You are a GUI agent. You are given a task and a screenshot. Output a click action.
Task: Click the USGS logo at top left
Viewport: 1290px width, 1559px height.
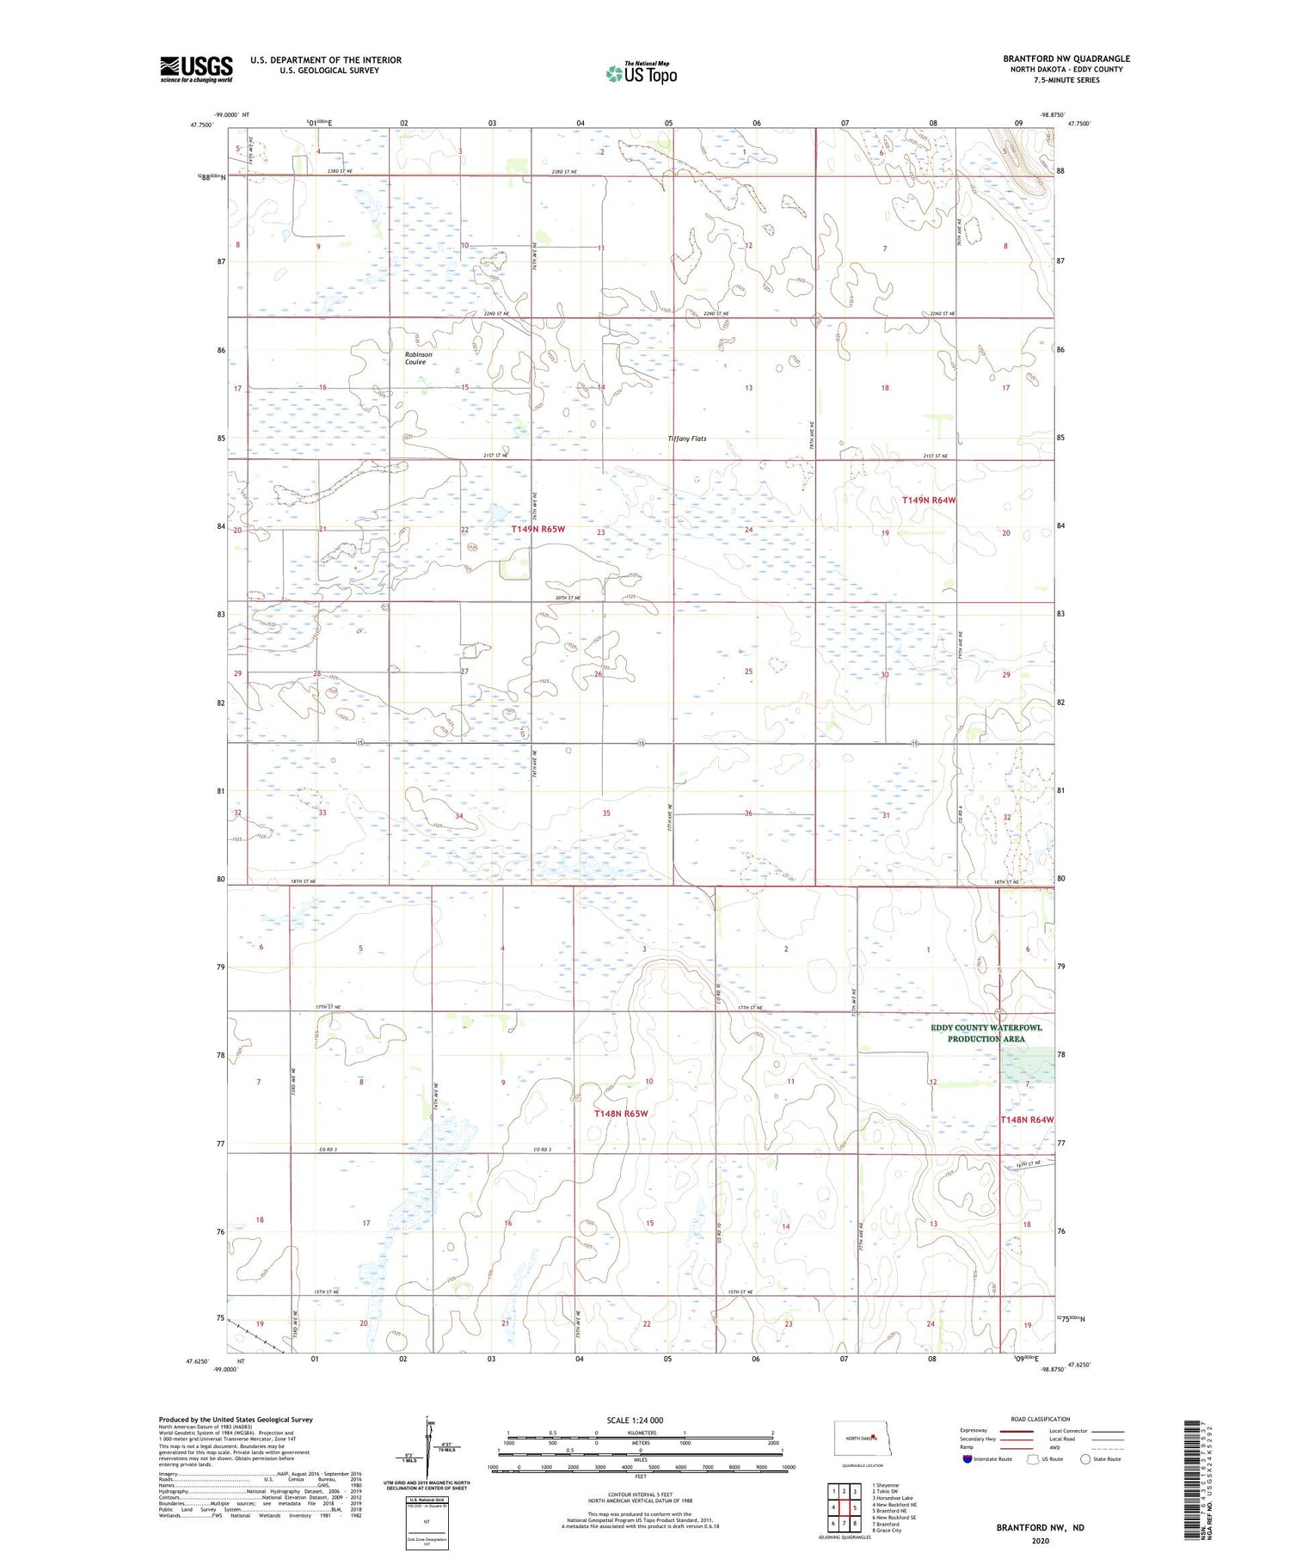[x=196, y=69]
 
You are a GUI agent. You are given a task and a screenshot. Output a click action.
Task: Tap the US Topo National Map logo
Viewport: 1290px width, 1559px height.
[x=642, y=73]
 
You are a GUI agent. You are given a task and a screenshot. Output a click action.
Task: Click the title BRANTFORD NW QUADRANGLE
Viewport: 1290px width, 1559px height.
[x=1066, y=58]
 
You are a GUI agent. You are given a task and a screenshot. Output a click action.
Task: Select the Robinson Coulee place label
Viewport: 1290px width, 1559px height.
[x=418, y=358]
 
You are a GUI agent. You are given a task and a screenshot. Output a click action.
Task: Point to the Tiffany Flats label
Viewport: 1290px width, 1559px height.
[x=687, y=439]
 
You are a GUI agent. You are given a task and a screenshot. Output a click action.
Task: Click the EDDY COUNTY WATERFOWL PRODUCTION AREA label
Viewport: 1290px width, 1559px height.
[x=986, y=1033]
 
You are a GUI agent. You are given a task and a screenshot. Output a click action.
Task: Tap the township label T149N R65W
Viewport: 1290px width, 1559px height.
[x=537, y=529]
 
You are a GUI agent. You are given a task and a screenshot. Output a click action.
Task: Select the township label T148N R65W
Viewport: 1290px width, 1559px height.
[x=621, y=1114]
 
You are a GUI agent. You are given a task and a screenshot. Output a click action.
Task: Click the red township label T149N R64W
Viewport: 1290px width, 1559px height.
[x=929, y=500]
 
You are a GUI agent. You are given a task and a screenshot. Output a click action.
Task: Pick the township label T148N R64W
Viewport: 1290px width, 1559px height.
[x=1027, y=1120]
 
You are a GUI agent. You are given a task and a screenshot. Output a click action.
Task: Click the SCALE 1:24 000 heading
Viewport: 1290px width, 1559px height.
[x=635, y=1420]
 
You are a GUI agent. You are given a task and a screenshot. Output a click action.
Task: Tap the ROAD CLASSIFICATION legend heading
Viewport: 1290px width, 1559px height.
[x=1041, y=1419]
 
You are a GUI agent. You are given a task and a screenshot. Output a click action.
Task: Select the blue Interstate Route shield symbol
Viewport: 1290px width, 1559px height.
[x=967, y=1458]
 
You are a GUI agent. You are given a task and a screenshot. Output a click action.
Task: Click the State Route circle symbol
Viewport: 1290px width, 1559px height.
[x=1085, y=1458]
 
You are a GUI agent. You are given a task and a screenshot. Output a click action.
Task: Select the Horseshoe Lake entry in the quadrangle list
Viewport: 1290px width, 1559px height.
[x=893, y=1498]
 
